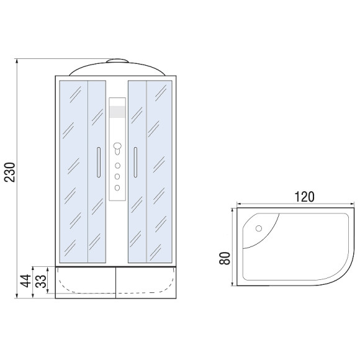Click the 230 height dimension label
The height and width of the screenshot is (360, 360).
tap(11, 172)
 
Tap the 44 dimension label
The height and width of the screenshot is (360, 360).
tap(25, 281)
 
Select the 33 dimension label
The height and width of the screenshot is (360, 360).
tap(41, 281)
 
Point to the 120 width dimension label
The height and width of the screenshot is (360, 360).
tap(304, 197)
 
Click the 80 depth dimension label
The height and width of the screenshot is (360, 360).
tap(225, 259)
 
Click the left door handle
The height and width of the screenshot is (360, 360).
tap(99, 162)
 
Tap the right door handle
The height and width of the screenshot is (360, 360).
tap(135, 162)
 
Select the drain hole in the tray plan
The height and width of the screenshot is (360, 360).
tap(259, 228)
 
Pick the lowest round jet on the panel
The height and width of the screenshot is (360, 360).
tap(117, 187)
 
